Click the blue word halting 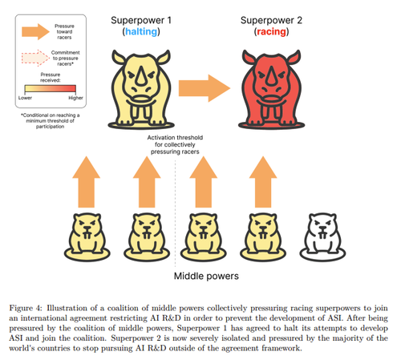pyautogui.click(x=141, y=31)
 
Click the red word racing pyautogui.click(x=271, y=31)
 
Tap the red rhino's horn pyautogui.click(x=271, y=75)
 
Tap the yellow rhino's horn pyautogui.click(x=141, y=75)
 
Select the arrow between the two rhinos pyautogui.click(x=205, y=88)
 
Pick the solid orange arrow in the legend pyautogui.click(x=35, y=31)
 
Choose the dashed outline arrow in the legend pyautogui.click(x=35, y=58)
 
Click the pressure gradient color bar pyautogui.click(x=51, y=89)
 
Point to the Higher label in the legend pyautogui.click(x=75, y=98)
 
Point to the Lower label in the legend pyautogui.click(x=25, y=98)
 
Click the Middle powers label pyautogui.click(x=206, y=276)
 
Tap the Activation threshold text pyautogui.click(x=175, y=144)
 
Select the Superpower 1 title pyautogui.click(x=141, y=20)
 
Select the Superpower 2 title pyautogui.click(x=271, y=20)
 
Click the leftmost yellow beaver pyautogui.click(x=87, y=237)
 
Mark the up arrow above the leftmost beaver pyautogui.click(x=87, y=182)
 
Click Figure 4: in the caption pyautogui.click(x=26, y=308)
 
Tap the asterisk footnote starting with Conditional pyautogui.click(x=51, y=121)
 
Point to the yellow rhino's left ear pyautogui.click(x=119, y=57)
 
